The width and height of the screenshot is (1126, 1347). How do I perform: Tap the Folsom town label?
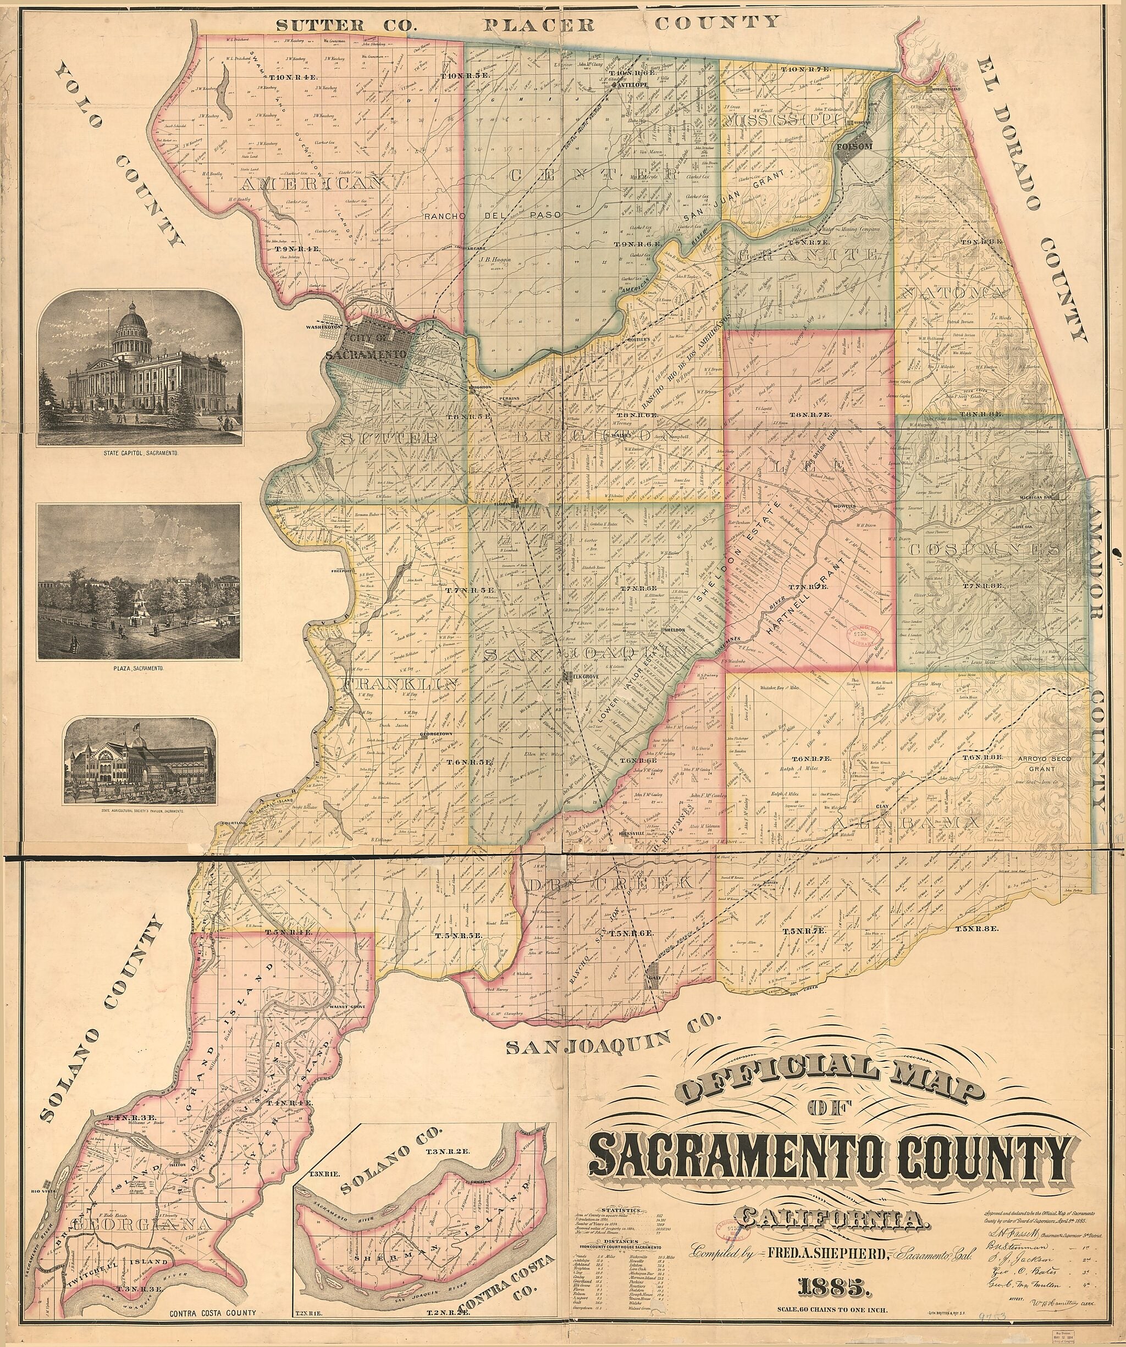(852, 147)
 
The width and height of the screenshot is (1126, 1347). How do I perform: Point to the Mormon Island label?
(945, 88)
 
